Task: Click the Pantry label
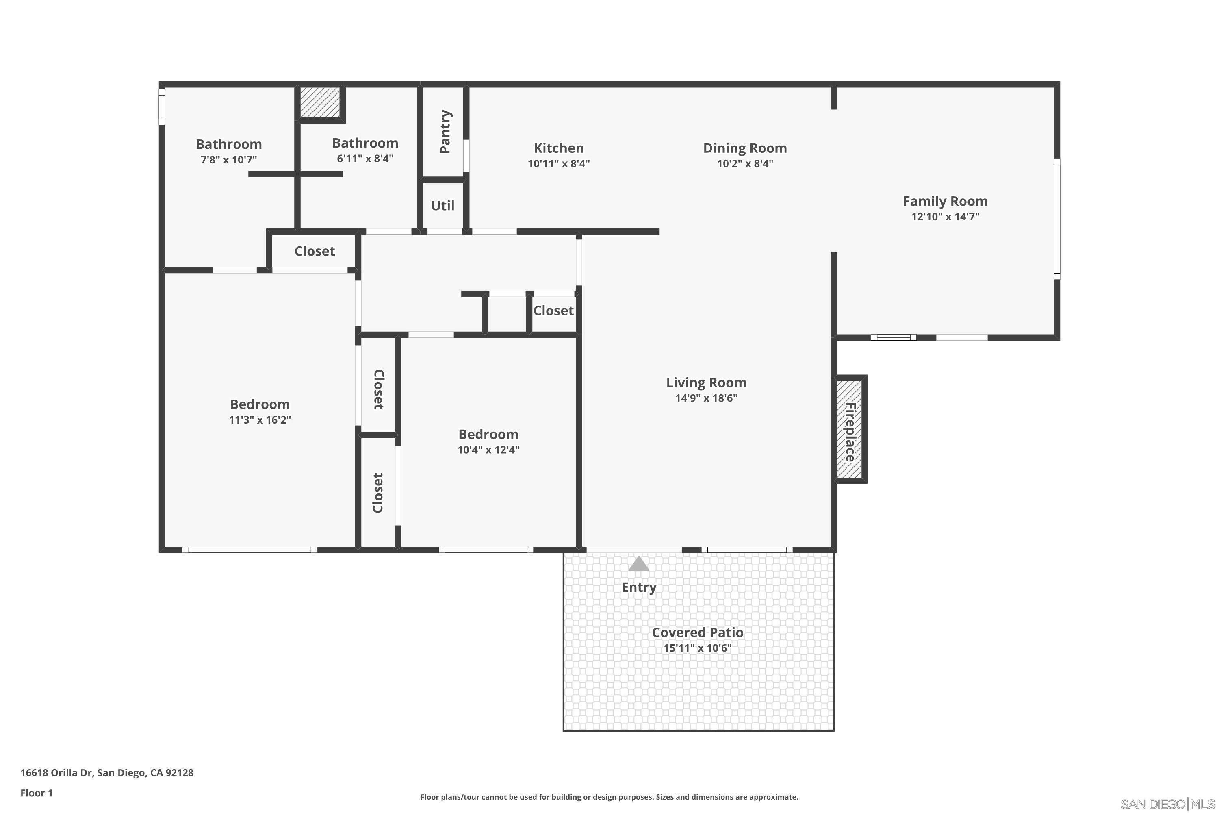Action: click(x=445, y=132)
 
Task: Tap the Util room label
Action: click(x=442, y=206)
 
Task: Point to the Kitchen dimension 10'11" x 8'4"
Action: click(x=559, y=164)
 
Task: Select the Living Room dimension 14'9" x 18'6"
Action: click(x=706, y=398)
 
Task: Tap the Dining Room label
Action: click(x=745, y=148)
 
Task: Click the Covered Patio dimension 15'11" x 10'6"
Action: click(x=697, y=648)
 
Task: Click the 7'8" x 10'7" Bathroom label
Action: click(x=228, y=144)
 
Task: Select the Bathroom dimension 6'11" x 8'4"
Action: click(x=365, y=159)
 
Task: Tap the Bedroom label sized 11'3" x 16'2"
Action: click(x=260, y=404)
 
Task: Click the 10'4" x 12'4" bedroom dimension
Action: click(x=488, y=450)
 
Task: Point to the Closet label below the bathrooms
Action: click(x=315, y=252)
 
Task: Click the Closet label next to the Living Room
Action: click(x=553, y=311)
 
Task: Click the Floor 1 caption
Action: click(x=36, y=793)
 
